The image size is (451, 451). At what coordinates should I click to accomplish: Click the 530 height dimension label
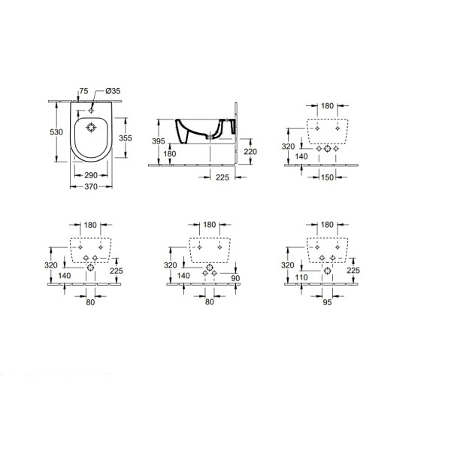(56, 132)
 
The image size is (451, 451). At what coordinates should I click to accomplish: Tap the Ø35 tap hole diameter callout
(113, 91)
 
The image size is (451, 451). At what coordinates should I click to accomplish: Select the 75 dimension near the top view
(83, 91)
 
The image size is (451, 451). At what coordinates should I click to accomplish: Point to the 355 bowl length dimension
(126, 138)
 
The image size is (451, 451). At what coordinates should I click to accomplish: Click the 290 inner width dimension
(91, 175)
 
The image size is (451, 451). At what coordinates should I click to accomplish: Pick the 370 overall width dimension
(91, 186)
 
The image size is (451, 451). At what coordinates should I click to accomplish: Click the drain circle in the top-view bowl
(91, 128)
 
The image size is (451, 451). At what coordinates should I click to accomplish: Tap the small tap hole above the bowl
(91, 110)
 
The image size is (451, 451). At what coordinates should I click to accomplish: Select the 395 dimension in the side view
(159, 141)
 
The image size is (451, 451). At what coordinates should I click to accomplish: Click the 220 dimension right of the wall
(250, 152)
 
